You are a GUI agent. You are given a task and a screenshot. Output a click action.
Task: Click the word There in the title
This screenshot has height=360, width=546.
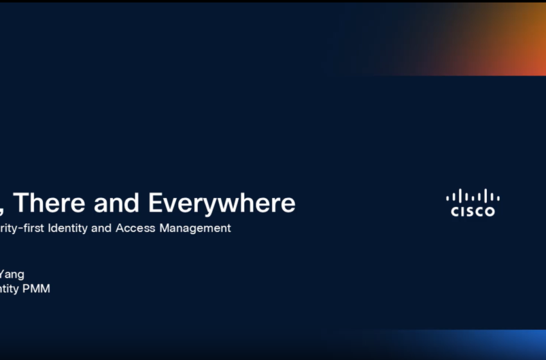point(51,203)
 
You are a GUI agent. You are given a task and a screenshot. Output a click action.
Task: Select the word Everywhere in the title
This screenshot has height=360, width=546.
point(222,203)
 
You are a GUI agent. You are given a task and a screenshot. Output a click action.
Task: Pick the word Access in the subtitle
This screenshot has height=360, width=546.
point(136,228)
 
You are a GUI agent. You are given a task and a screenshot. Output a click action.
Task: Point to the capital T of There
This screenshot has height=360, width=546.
point(21,203)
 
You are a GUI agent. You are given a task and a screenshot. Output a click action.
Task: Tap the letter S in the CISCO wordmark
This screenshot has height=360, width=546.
point(473,211)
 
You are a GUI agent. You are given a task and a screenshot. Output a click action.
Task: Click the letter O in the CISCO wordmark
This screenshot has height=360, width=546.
point(489,211)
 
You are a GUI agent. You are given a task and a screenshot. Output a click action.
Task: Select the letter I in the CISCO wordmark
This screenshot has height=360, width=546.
point(464,211)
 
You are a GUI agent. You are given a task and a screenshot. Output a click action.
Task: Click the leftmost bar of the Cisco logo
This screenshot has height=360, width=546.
point(448,197)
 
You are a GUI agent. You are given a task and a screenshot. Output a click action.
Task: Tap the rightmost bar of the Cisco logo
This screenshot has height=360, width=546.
point(498,197)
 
